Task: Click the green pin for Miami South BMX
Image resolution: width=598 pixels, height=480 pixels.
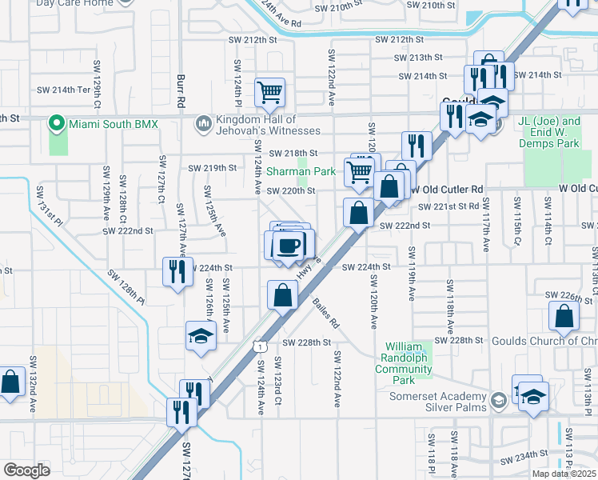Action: point(56,123)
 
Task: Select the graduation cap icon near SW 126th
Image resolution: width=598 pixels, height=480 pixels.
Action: point(201,334)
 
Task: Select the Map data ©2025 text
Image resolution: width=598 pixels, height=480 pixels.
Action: point(563,474)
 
